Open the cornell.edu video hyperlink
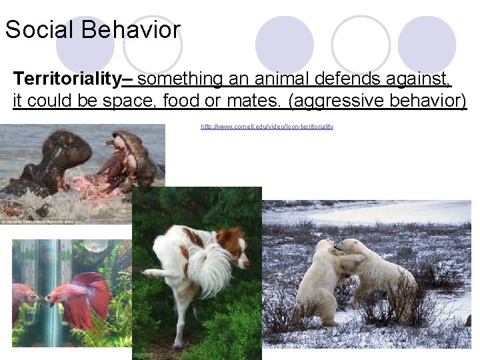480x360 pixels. pyautogui.click(x=267, y=126)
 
